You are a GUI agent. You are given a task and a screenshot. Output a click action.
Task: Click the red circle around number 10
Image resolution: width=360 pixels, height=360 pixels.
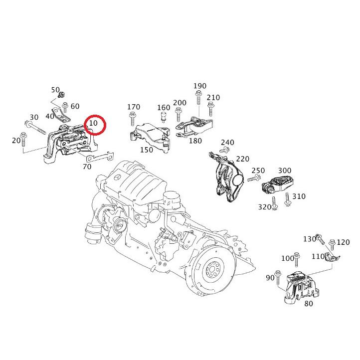(x=95, y=125)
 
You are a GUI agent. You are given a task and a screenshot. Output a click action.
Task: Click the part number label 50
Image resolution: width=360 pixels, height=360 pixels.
(x=55, y=90)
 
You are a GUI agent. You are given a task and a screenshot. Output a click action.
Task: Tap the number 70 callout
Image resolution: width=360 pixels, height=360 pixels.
(x=87, y=167)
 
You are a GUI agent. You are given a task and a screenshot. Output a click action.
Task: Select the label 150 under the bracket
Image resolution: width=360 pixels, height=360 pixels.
(x=147, y=150)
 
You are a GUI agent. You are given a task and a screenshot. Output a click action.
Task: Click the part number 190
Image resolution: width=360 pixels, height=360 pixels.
(x=200, y=86)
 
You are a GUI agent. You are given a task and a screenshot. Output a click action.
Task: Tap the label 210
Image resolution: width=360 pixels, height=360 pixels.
(x=213, y=98)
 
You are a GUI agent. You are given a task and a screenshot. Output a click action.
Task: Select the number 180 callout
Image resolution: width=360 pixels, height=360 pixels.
(x=195, y=141)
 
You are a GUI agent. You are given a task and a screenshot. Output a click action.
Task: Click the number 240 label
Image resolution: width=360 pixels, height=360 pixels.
(x=227, y=143)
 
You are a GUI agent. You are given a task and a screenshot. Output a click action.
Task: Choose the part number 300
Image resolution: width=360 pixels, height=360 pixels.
(x=285, y=171)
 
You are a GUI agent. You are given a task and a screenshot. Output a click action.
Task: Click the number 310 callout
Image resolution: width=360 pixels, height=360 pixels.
(x=299, y=196)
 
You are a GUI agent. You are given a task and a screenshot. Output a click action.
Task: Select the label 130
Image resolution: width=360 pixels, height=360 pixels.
(x=310, y=239)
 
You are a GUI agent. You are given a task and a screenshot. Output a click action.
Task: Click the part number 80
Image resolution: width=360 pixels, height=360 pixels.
(x=309, y=303)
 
